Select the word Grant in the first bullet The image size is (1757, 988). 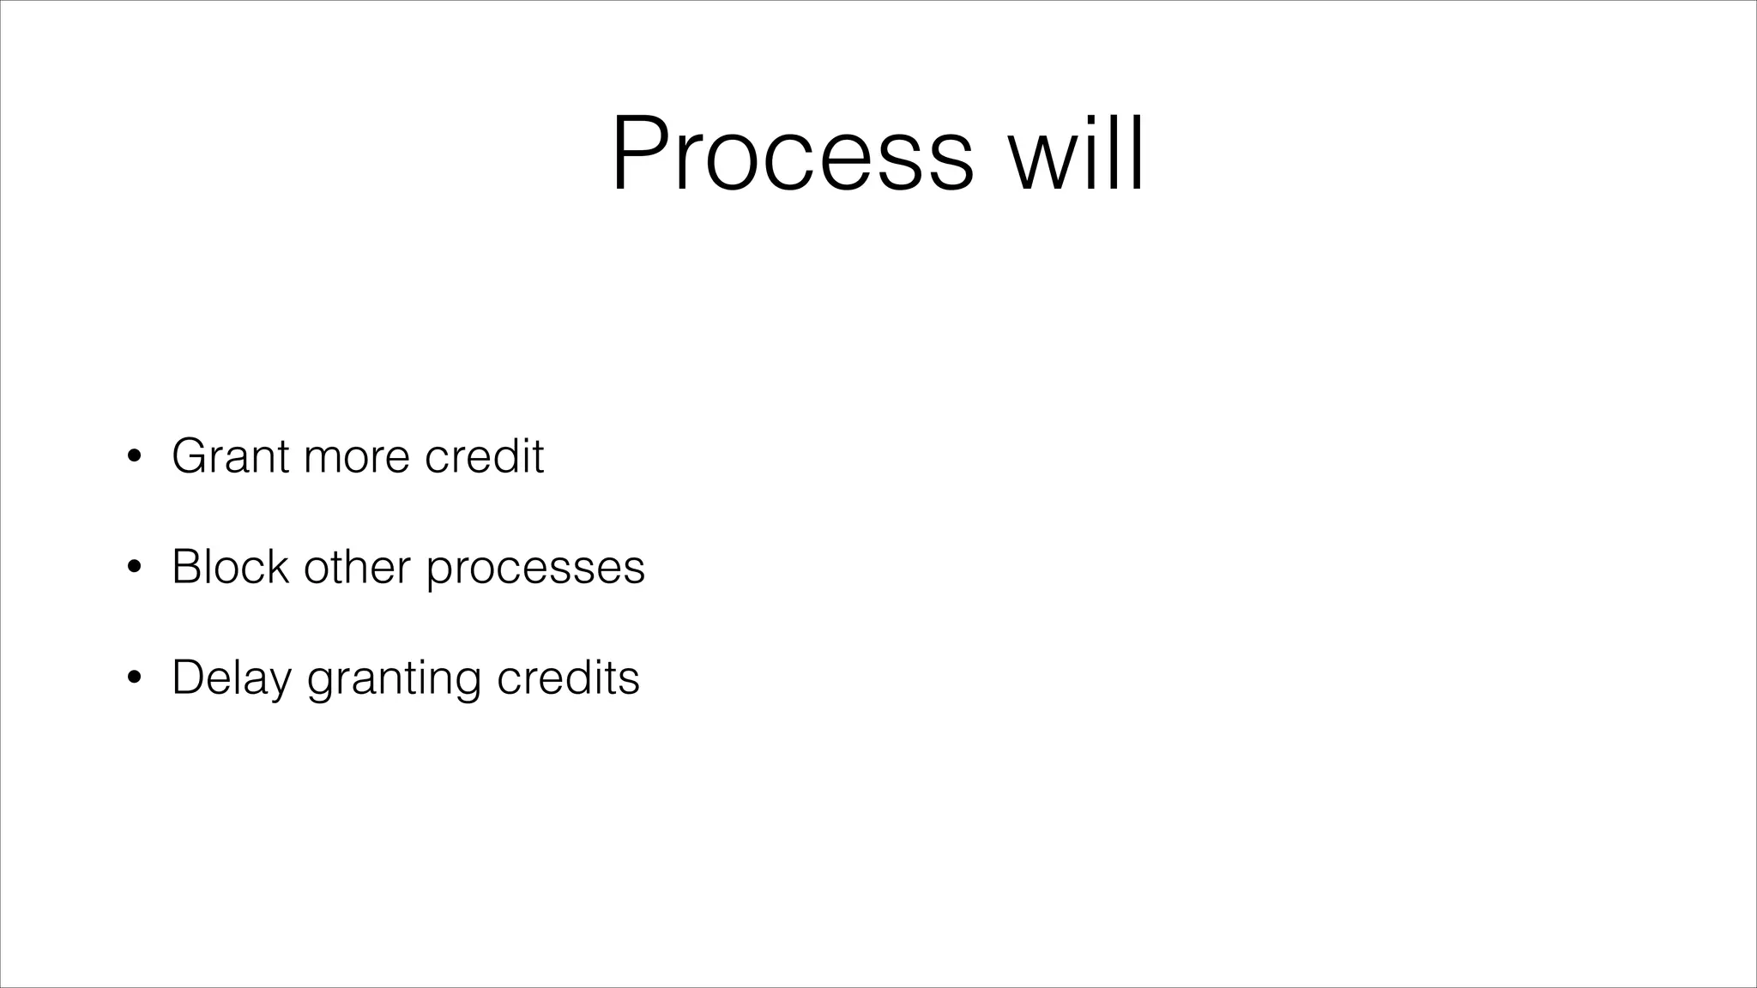230,455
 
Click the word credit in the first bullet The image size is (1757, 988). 484,455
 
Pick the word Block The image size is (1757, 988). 230,567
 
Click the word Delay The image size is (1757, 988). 232,678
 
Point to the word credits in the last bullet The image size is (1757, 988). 568,678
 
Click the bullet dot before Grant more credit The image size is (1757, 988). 133,457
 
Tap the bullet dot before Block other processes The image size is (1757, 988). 133,568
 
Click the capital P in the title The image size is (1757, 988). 639,155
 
